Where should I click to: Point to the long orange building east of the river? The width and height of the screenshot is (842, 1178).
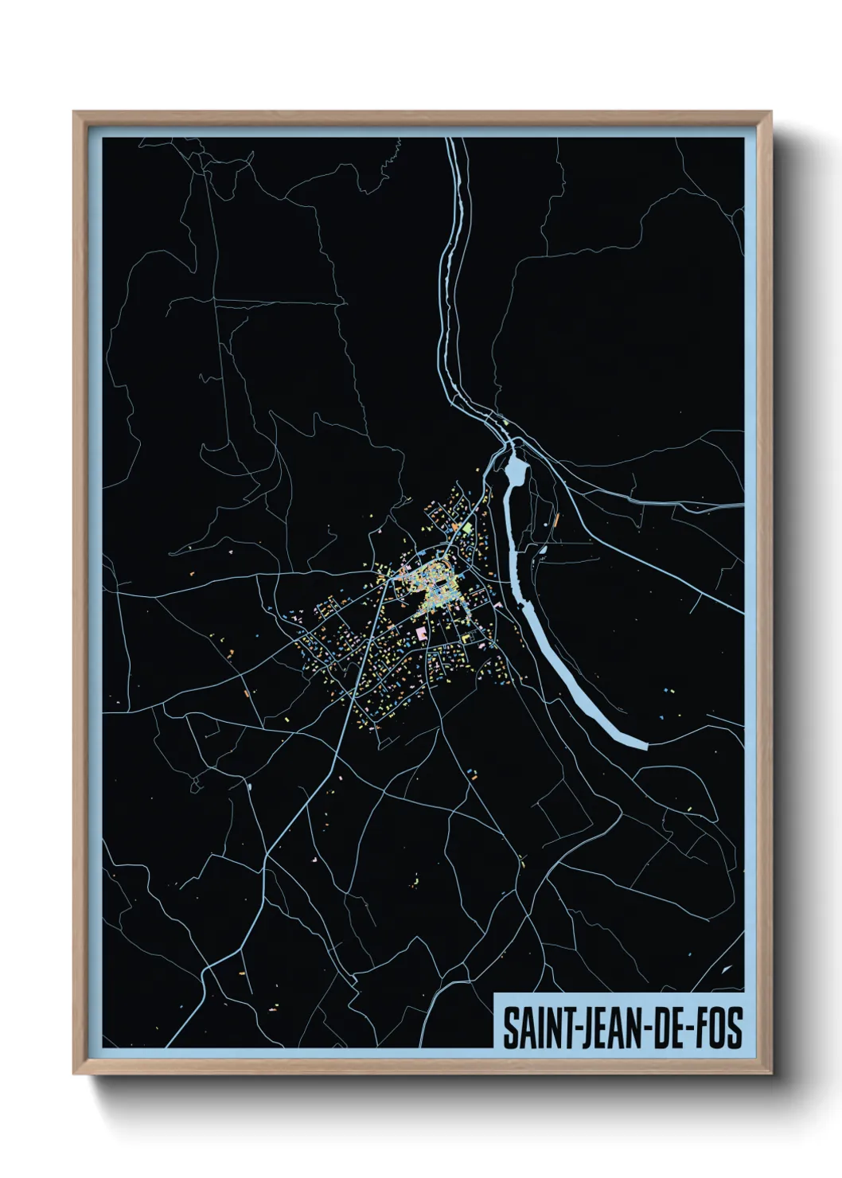(x=555, y=522)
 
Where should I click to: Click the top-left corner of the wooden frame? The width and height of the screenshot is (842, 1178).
(x=74, y=112)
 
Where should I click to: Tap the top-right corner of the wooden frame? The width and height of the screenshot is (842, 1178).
(x=773, y=112)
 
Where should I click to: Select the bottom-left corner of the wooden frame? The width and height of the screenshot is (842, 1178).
(x=74, y=1075)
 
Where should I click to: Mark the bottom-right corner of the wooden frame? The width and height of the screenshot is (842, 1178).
(x=773, y=1075)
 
